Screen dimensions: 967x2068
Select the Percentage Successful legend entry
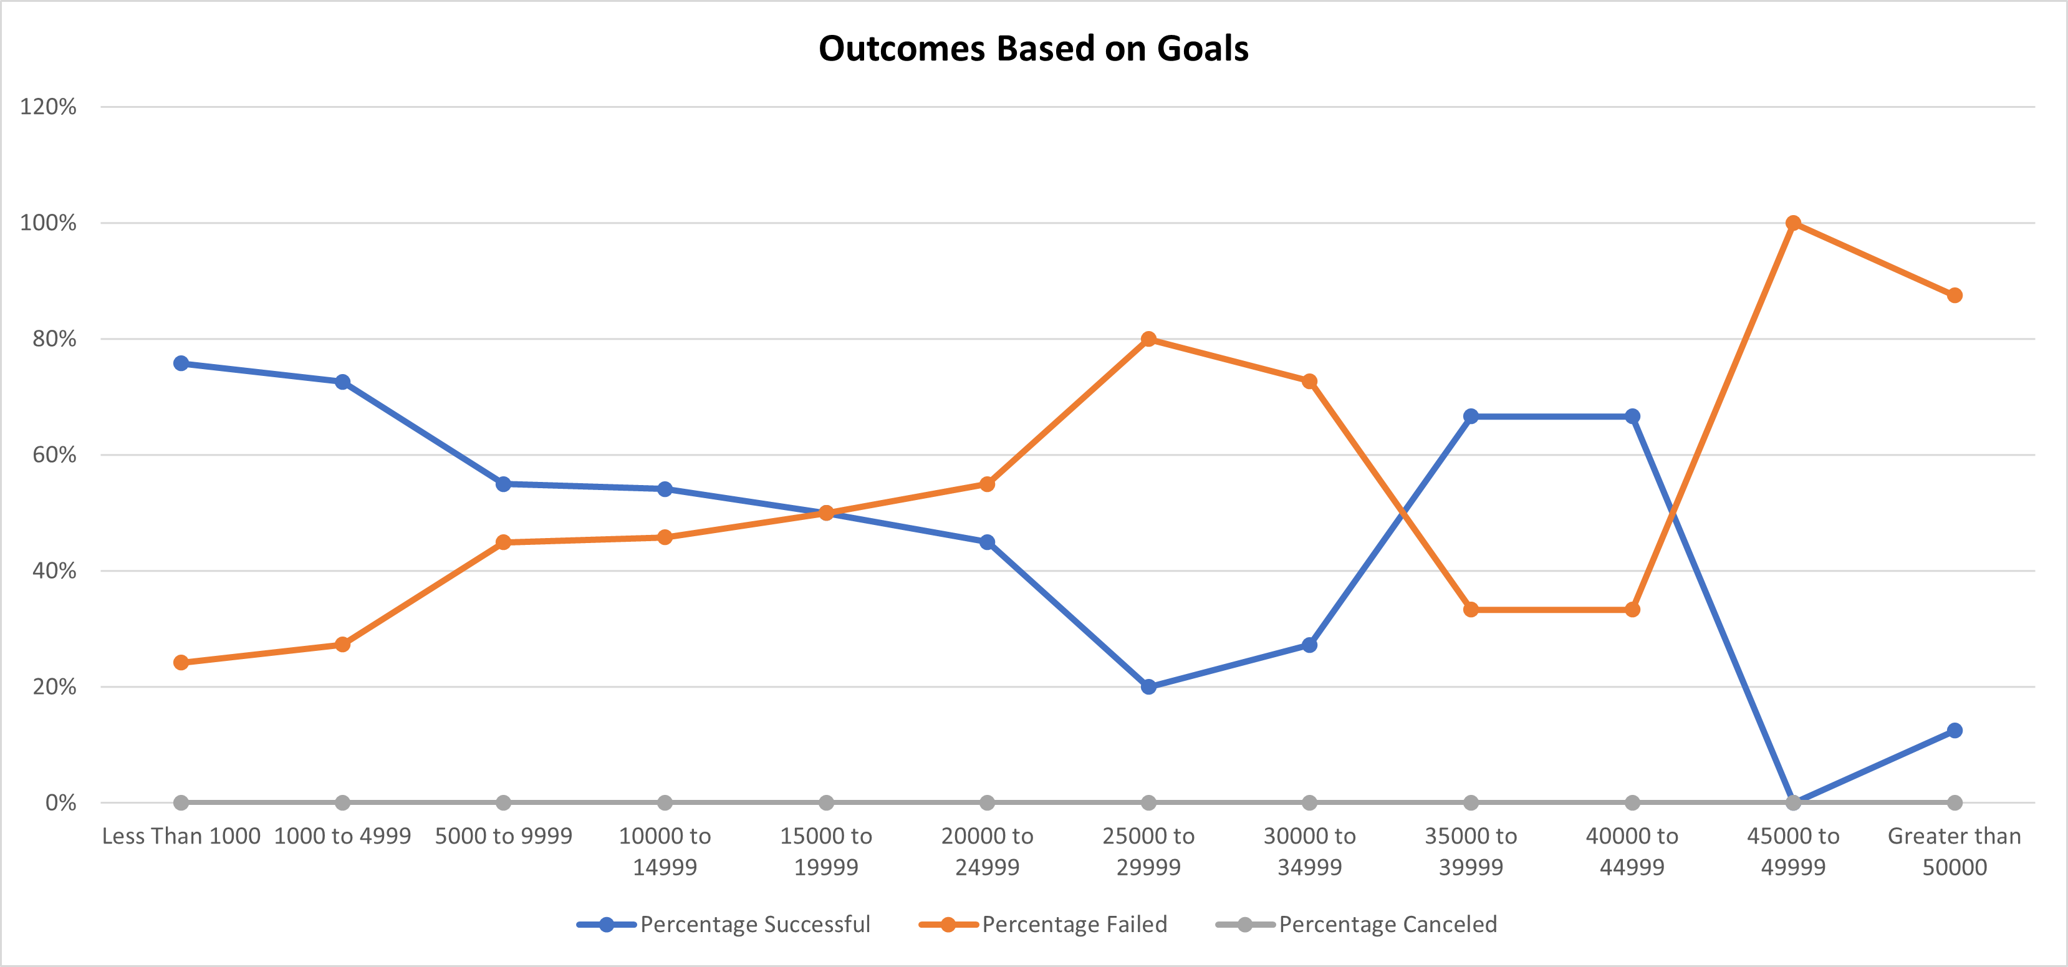(754, 925)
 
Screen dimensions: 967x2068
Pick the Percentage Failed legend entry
(1074, 925)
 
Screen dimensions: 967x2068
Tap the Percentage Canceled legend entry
(1387, 925)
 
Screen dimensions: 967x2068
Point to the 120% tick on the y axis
(48, 107)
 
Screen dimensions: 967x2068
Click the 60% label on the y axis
(54, 455)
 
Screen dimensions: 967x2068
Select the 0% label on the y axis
(60, 802)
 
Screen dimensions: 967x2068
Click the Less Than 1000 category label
(181, 836)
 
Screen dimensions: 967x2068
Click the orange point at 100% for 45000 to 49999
(1792, 223)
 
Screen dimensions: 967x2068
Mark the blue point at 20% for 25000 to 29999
(1148, 687)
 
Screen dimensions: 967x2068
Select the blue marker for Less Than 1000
(181, 363)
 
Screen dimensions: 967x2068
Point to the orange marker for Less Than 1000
(181, 663)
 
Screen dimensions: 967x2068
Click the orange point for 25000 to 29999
(1148, 339)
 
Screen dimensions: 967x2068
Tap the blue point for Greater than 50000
(1954, 730)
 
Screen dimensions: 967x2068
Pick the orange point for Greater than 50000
(1954, 296)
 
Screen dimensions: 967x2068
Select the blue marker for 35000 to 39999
(1471, 416)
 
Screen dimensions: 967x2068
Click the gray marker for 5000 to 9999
(503, 802)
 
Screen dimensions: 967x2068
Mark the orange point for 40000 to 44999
(1632, 610)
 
